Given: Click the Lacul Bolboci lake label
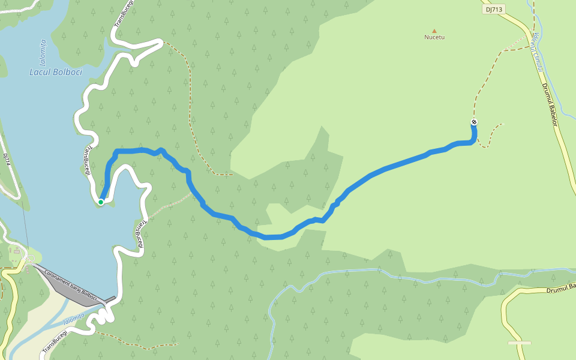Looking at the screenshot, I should (56, 72).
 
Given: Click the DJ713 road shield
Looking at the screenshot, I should (494, 9).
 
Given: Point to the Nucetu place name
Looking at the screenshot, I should (434, 37).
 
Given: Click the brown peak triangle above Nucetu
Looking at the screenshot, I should (434, 30).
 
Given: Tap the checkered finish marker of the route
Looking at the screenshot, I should (474, 122).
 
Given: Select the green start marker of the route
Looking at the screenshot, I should (101, 202).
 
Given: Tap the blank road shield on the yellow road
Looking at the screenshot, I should (519, 343).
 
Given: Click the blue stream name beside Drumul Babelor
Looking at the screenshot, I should (536, 52).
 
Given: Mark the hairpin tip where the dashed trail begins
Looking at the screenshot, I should (161, 42).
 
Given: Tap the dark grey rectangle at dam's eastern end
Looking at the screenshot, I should (110, 298).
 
